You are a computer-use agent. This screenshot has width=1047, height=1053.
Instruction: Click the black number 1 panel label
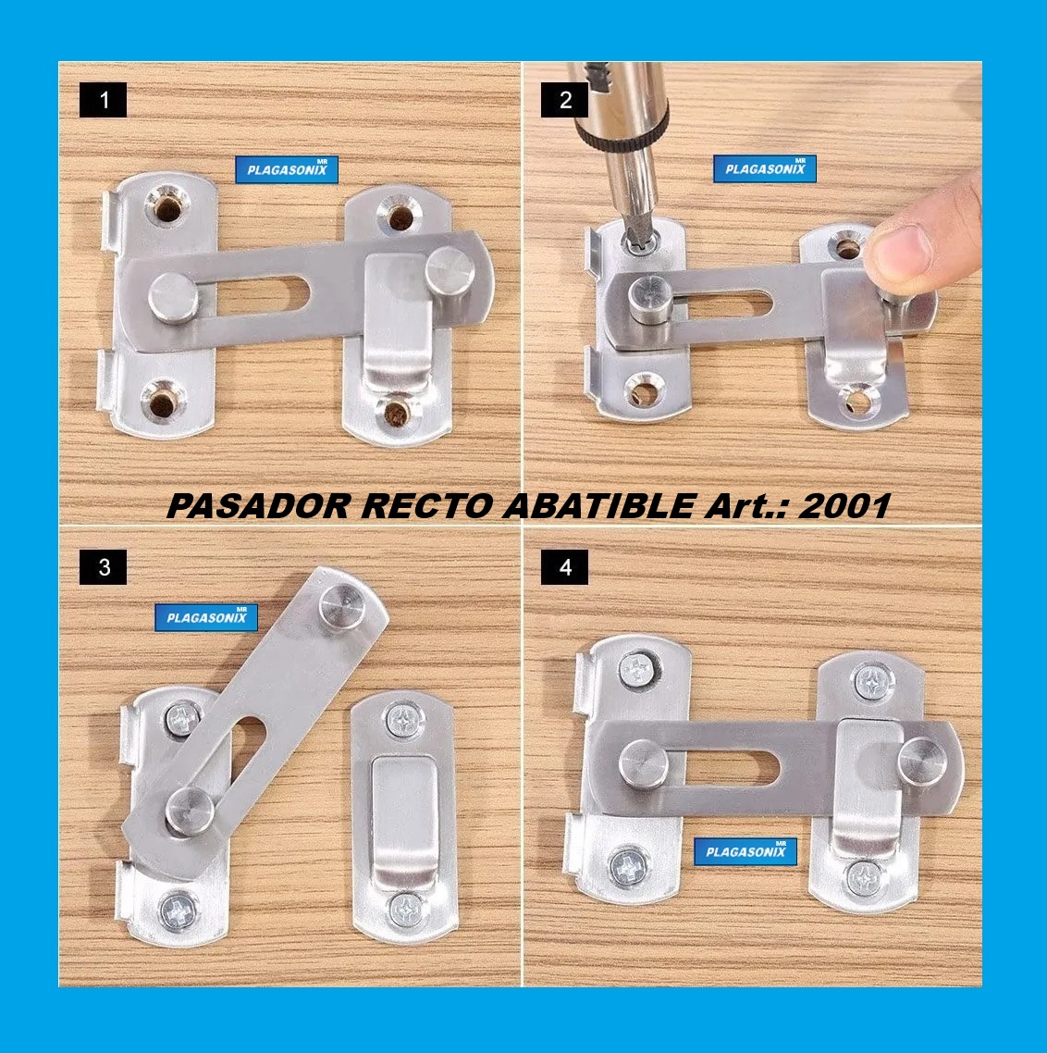pos(103,100)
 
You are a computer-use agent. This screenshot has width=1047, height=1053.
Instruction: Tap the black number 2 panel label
pos(564,100)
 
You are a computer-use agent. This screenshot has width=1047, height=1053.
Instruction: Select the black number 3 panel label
pos(103,567)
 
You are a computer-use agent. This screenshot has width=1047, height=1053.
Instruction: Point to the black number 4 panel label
pos(564,567)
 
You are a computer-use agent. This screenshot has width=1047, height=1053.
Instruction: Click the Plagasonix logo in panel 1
pos(287,170)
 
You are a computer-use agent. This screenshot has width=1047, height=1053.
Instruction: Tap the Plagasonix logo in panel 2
pos(765,169)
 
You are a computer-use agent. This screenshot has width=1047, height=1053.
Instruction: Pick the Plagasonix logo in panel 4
pos(745,851)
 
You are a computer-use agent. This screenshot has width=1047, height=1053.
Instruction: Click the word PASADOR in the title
pos(259,506)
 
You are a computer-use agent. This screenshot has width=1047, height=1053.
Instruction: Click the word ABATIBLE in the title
pos(600,506)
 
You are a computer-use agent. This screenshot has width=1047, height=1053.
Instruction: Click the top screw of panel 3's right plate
pos(404,720)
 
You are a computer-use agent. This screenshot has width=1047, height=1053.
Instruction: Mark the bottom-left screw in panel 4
pos(628,868)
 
